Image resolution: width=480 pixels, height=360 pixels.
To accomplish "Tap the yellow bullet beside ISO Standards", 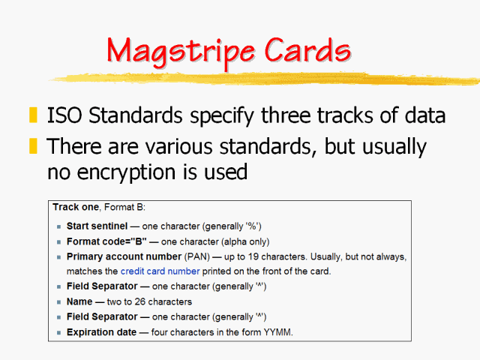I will pos(32,115).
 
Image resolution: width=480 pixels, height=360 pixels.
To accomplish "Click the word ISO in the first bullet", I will pos(64,116).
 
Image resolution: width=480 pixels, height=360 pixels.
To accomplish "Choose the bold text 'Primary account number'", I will pos(124,256).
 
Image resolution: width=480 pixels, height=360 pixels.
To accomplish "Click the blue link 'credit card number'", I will pos(160,271).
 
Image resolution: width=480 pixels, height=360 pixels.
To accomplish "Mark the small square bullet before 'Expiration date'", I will pos(58,332).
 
